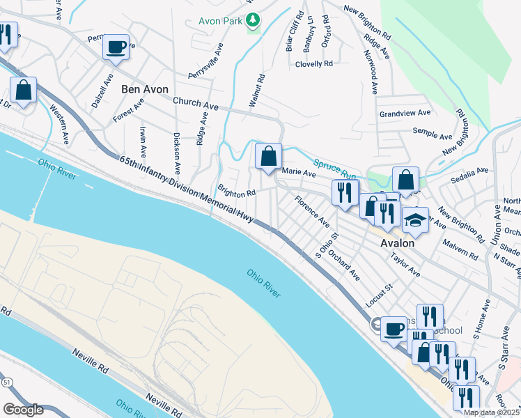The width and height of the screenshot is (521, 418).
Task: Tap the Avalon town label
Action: click(x=398, y=244)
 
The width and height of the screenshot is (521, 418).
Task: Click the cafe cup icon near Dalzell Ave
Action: click(x=116, y=47)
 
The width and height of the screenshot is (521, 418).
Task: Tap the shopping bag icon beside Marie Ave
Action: click(x=268, y=157)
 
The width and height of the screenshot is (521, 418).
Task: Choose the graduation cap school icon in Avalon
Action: click(x=416, y=220)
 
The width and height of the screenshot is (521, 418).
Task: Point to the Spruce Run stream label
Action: click(x=335, y=167)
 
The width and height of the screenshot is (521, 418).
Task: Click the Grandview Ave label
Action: click(x=405, y=113)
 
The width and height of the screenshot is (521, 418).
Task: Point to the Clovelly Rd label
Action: click(x=314, y=63)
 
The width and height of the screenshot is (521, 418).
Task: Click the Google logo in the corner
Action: click(x=23, y=410)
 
